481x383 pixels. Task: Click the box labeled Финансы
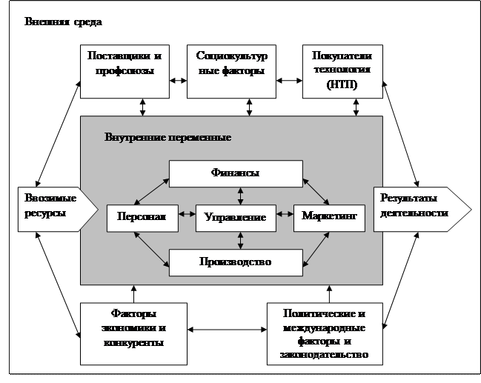pyautogui.click(x=236, y=173)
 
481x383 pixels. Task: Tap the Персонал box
pyautogui.click(x=142, y=216)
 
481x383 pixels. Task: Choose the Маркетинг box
pyautogui.click(x=329, y=216)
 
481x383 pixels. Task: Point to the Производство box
pyautogui.click(x=236, y=261)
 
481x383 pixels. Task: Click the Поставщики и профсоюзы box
pyautogui.click(x=124, y=72)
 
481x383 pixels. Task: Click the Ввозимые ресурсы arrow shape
pyautogui.click(x=53, y=208)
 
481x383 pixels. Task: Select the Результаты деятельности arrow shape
pyautogui.click(x=419, y=208)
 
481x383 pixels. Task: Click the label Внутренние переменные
pyautogui.click(x=168, y=138)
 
